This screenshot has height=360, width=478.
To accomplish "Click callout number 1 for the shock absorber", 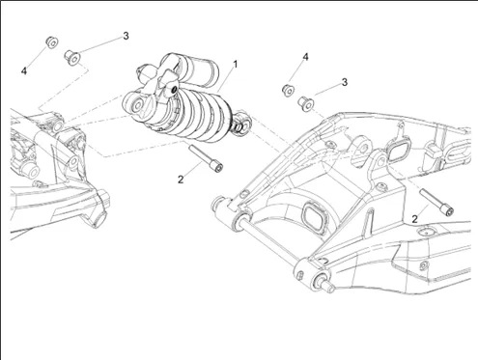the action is coord(236,65).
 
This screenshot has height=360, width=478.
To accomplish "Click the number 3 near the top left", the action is coord(126,36).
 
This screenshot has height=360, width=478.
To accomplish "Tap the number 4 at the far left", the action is coord(24,71).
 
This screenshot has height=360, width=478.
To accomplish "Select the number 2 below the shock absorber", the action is coord(181,180).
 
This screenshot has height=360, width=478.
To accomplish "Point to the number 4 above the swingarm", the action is coord(305,57).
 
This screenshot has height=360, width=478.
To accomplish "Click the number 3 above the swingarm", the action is coord(345,82).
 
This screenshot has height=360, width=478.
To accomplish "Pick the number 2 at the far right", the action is coord(415,219).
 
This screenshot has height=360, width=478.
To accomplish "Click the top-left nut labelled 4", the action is coord(51,42).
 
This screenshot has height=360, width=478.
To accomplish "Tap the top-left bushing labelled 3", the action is coord(72,58).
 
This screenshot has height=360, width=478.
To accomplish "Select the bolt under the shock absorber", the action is coord(206,158).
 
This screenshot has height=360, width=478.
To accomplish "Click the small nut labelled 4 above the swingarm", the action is coord(288,91).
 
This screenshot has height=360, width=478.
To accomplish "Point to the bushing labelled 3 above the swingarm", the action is coord(306,104).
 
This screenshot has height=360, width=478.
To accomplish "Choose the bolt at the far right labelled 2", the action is coord(436,202).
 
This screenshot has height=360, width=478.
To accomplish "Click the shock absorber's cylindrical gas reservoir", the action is coord(202,71).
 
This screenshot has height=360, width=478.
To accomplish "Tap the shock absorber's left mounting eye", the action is coord(138,105).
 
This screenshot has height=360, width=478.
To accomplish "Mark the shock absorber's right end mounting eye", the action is coord(243,123).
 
